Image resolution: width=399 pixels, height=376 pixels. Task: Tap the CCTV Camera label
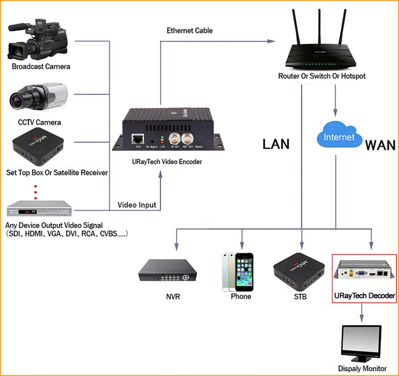(x=39, y=122)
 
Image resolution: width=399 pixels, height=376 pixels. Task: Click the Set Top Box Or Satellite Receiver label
(x=57, y=172)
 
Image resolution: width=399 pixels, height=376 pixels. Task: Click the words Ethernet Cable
(x=189, y=30)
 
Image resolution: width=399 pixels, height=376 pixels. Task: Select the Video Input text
(x=137, y=205)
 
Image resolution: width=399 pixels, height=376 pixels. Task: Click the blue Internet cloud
(x=339, y=138)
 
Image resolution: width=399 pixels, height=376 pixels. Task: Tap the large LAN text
(x=276, y=144)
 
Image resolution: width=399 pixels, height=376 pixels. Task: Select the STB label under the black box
(x=301, y=296)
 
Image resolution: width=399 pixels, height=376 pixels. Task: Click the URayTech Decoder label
(x=364, y=295)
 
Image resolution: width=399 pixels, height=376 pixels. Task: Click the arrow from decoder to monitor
(x=362, y=312)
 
